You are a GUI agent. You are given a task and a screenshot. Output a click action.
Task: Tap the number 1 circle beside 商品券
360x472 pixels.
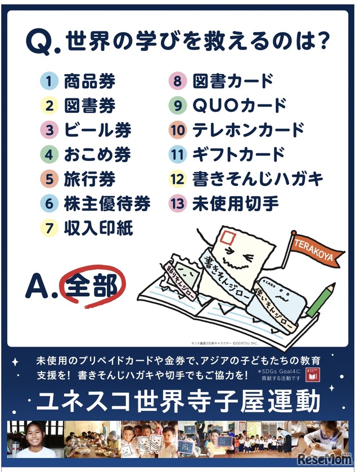click(x=49, y=82)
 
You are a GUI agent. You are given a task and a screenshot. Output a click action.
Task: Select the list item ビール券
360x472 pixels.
click(x=97, y=130)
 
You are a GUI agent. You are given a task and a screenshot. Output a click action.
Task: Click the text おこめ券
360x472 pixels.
click(x=97, y=155)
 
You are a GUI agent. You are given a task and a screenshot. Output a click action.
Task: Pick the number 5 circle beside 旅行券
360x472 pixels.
click(x=49, y=179)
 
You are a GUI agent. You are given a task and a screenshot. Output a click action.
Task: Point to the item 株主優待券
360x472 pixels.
click(x=107, y=204)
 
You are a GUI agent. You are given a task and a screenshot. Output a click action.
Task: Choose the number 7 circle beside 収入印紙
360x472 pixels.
click(x=49, y=228)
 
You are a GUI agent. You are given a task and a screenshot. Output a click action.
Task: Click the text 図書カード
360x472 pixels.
click(x=233, y=82)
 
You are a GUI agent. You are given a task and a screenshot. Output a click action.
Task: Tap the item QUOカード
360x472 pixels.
click(x=240, y=106)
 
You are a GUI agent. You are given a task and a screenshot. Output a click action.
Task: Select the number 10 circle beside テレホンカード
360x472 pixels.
click(x=178, y=130)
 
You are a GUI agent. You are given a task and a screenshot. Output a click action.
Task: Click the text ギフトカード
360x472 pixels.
click(x=239, y=155)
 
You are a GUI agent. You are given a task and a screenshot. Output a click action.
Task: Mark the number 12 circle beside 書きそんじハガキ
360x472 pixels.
click(x=178, y=179)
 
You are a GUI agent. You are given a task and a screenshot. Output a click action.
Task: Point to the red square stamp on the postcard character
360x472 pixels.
click(x=228, y=237)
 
